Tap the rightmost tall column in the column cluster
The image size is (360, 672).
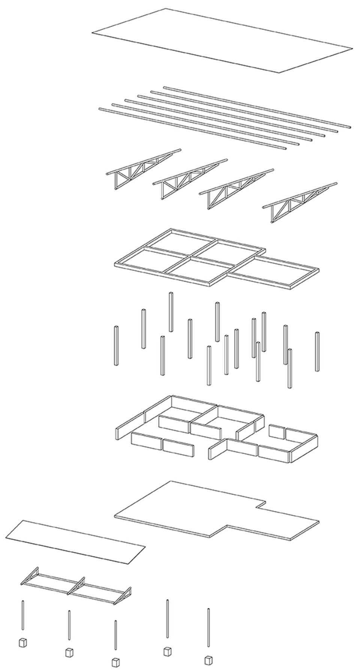pos(317,351)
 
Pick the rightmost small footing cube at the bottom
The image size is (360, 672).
pos(208,660)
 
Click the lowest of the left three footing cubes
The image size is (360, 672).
pos(115,661)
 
